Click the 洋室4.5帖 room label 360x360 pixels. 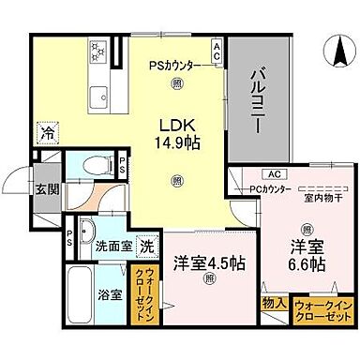click(208, 262)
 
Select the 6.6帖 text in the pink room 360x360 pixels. click(306, 265)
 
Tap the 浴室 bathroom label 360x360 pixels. click(111, 294)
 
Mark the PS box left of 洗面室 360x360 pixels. click(69, 238)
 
